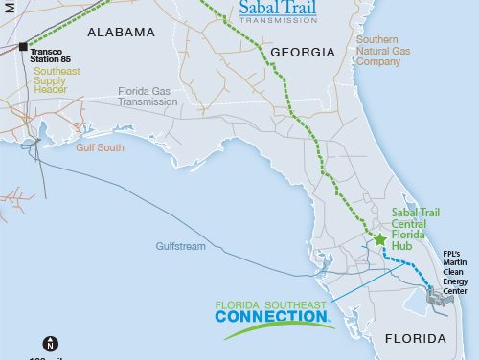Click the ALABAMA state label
(121, 33)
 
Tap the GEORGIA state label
(303, 53)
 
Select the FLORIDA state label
(415, 339)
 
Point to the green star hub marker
(379, 239)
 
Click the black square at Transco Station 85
(23, 45)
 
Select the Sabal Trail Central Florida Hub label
(420, 221)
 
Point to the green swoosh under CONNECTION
(278, 327)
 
